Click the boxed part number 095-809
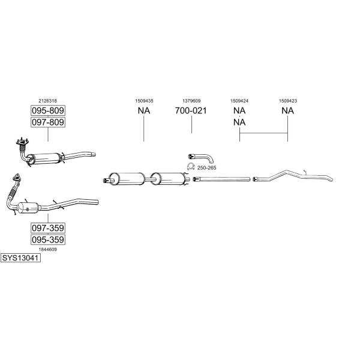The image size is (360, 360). click(x=48, y=110)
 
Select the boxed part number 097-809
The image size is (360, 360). click(x=48, y=122)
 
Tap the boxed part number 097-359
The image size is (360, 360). click(x=48, y=228)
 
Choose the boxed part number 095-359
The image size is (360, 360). click(x=48, y=239)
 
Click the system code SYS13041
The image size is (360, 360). click(x=20, y=258)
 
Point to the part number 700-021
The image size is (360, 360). click(x=191, y=110)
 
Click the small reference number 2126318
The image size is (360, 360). click(x=48, y=101)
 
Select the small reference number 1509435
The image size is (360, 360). click(x=144, y=101)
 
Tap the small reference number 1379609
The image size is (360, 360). click(x=191, y=101)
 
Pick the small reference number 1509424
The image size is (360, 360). click(x=239, y=101)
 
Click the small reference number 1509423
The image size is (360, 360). click(x=288, y=101)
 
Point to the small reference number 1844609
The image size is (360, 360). click(x=48, y=250)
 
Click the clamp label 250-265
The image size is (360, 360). click(x=206, y=168)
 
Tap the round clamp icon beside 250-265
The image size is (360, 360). click(x=191, y=166)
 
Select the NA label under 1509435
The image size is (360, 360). click(x=144, y=110)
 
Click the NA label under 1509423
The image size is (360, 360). click(x=287, y=110)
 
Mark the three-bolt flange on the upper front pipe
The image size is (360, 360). click(x=22, y=142)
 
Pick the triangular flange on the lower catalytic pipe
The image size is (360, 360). click(x=16, y=178)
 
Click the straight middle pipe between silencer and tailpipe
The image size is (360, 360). click(x=221, y=179)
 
